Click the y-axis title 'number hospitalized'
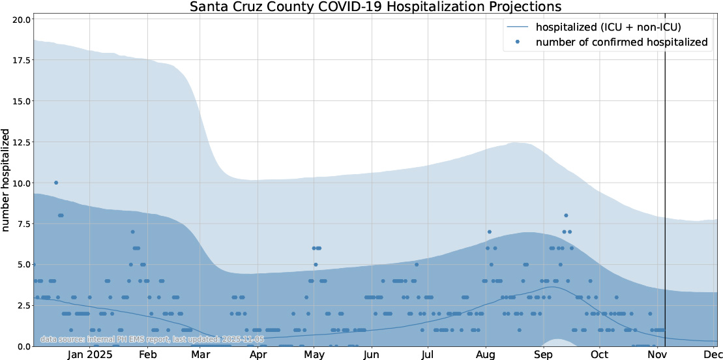coord(7,180)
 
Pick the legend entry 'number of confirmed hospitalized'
coord(621,42)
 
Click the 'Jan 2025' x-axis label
coord(91,355)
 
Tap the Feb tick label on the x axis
coord(147,355)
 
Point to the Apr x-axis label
coord(258,355)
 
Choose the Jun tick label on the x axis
coord(371,355)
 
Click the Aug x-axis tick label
coord(486,355)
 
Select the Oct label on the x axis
coord(599,355)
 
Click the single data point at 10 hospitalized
coord(56,183)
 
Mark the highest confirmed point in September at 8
coord(566,215)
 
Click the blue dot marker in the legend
coord(518,42)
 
